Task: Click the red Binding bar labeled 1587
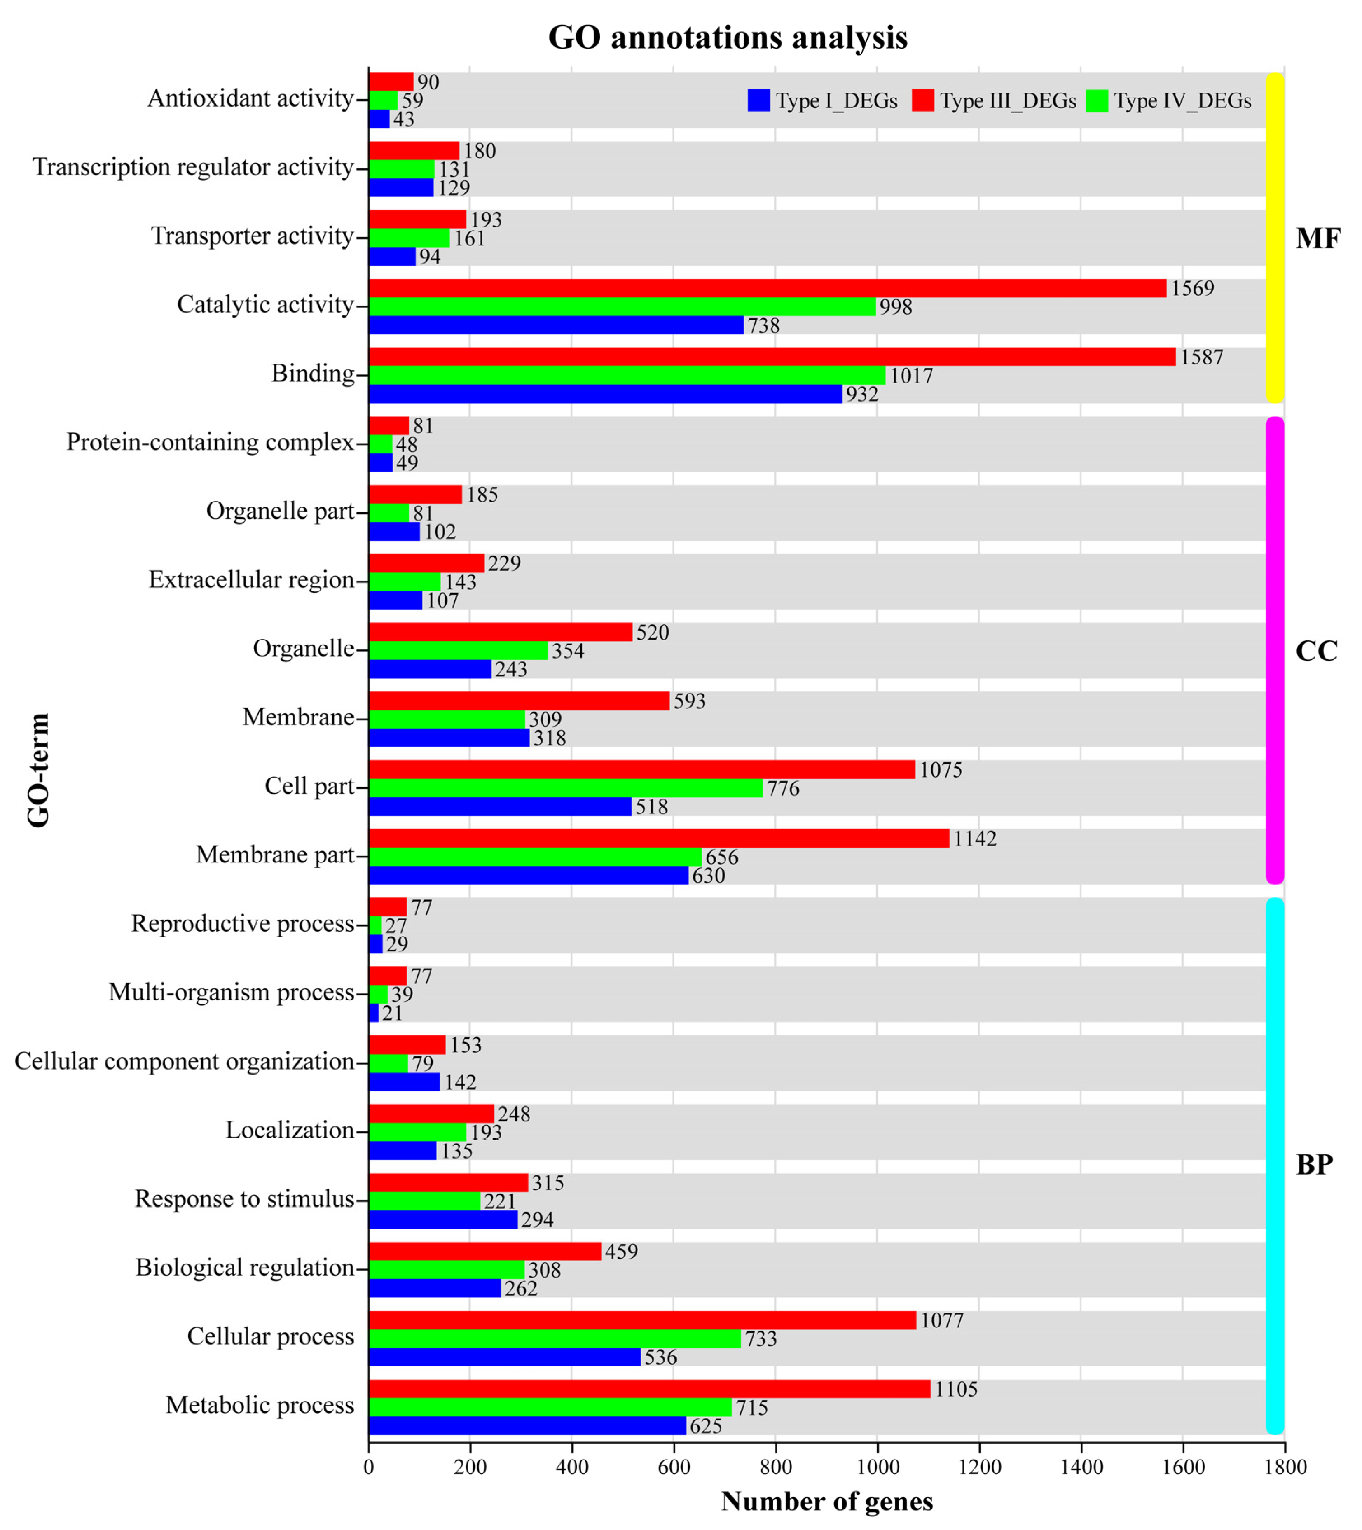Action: click(x=771, y=357)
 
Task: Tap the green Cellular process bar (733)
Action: click(x=554, y=1338)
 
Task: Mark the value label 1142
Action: click(x=974, y=839)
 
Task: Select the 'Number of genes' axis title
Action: click(x=827, y=1502)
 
